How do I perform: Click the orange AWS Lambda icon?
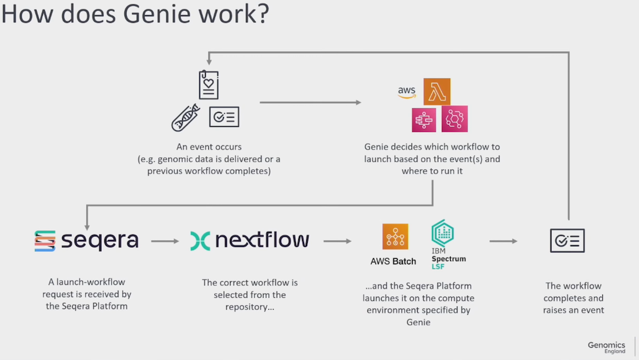[x=437, y=91]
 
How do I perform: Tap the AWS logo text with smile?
[x=407, y=93]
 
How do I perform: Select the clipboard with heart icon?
[x=208, y=85]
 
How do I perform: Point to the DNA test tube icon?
[x=185, y=117]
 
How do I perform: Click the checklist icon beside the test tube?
[x=224, y=117]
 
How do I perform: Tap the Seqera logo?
[x=86, y=241]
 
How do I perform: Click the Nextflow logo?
[x=249, y=241]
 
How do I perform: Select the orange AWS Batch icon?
[x=395, y=237]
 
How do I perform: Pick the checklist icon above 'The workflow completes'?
[x=567, y=241]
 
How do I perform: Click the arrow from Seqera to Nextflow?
[x=165, y=241]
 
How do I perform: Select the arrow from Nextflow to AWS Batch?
[x=338, y=241]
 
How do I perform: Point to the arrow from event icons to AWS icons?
[x=311, y=102]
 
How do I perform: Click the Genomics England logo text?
[x=607, y=347]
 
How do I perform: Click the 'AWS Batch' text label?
[x=393, y=261]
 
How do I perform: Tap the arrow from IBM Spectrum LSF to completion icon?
[x=503, y=241]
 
